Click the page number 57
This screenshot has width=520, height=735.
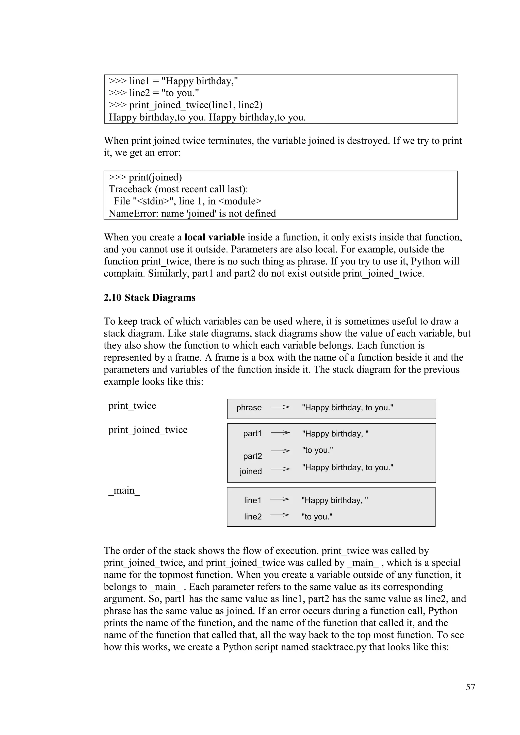point(470,687)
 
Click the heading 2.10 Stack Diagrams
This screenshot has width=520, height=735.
point(150,298)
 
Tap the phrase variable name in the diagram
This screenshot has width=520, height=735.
point(249,408)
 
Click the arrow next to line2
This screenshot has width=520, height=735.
point(280,515)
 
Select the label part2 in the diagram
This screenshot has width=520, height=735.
point(252,456)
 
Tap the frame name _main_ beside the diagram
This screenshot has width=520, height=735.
point(124,490)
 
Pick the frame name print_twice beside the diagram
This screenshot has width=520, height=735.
point(132,406)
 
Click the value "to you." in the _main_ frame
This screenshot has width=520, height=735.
point(317,517)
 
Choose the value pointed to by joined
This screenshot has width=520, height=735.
point(347,467)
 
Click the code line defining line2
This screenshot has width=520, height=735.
point(154,93)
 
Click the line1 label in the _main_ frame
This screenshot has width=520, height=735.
point(252,500)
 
